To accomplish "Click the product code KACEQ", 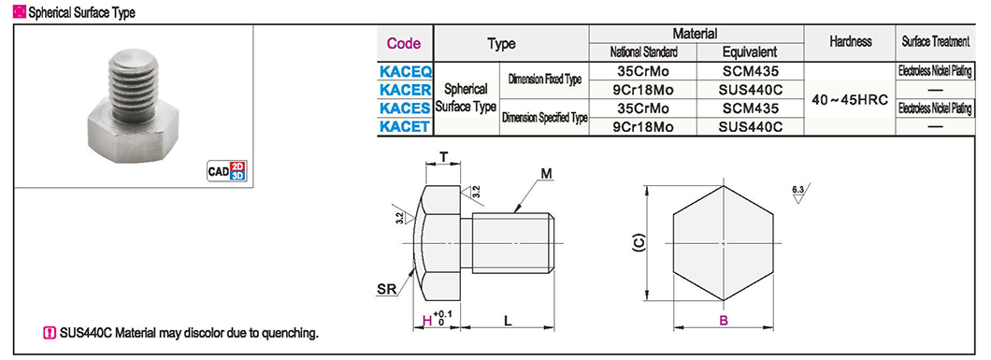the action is click(405, 71).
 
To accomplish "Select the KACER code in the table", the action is click(405, 90).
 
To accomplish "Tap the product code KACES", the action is click(405, 108).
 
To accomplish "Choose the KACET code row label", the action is click(405, 126).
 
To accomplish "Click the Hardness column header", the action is click(850, 42).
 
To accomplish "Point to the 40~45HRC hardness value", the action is click(850, 100).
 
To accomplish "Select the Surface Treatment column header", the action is click(936, 42).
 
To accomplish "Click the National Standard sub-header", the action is click(643, 52).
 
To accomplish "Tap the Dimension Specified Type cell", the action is click(544, 118).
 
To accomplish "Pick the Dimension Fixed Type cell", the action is click(544, 80).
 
